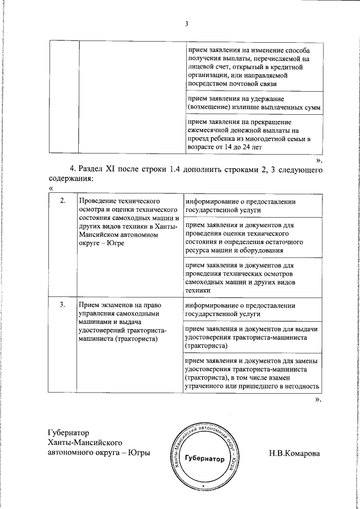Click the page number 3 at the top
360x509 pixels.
(x=186, y=23)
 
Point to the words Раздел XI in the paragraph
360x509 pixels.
(x=98, y=169)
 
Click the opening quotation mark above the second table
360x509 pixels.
(x=51, y=188)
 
